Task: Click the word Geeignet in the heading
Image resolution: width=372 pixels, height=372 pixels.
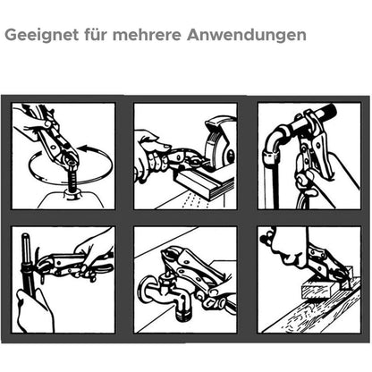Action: pyautogui.click(x=42, y=35)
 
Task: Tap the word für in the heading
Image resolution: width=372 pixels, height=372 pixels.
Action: pyautogui.click(x=96, y=34)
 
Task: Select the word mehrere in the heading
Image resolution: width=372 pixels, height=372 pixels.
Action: pyautogui.click(x=147, y=35)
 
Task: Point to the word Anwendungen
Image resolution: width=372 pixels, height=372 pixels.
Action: pyautogui.click(x=247, y=35)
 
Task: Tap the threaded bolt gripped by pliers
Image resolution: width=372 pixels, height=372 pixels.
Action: pyautogui.click(x=72, y=179)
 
